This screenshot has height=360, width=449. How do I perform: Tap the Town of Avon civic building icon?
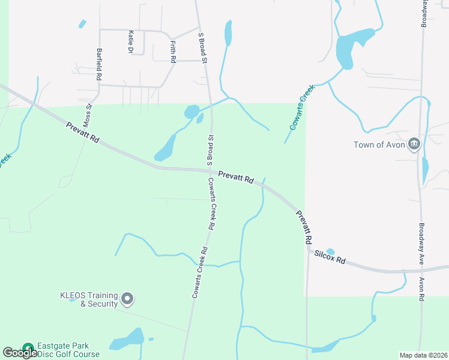414,144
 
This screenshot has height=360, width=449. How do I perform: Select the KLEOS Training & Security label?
89,299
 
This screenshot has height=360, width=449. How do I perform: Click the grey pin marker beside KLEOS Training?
127,298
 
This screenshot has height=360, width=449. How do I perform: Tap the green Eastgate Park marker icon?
28,348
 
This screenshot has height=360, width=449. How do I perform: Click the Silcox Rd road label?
330,257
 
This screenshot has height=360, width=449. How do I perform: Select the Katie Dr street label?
130,42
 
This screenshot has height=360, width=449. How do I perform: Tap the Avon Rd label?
422,289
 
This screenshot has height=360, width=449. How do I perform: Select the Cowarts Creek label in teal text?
302,108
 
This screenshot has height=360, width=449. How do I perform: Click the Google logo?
20,353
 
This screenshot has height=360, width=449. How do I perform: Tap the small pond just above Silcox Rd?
330,252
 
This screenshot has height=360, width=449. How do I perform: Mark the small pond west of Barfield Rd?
82,24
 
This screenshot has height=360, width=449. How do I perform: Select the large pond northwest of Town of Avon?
345,51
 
